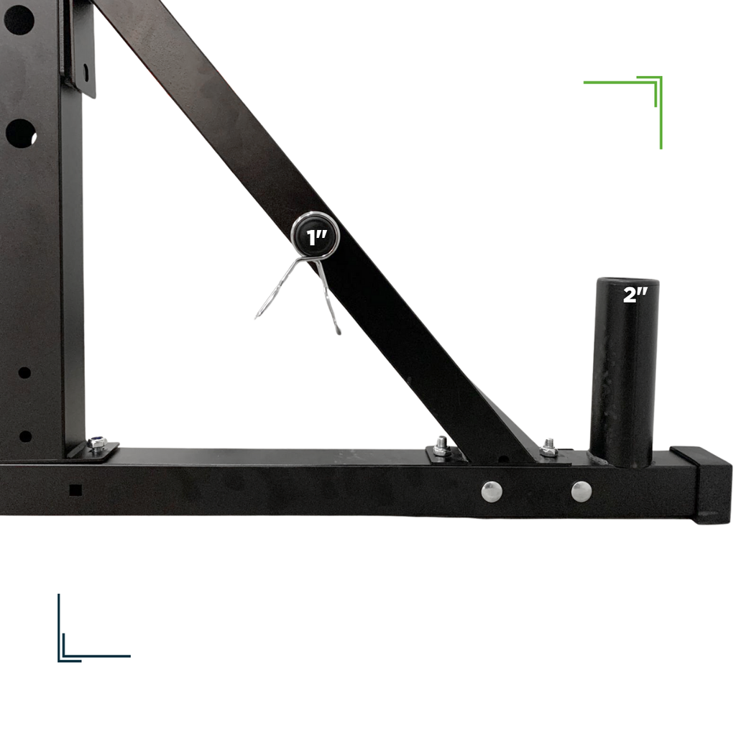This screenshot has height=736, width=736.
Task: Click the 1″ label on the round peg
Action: point(317,238)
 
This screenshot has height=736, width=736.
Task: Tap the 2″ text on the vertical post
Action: point(635,295)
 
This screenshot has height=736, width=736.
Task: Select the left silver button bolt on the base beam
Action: point(492,491)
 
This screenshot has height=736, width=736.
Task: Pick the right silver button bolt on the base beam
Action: point(581,491)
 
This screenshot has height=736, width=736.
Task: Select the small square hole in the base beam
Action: point(75,490)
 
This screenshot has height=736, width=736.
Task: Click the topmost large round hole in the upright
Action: point(19,20)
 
